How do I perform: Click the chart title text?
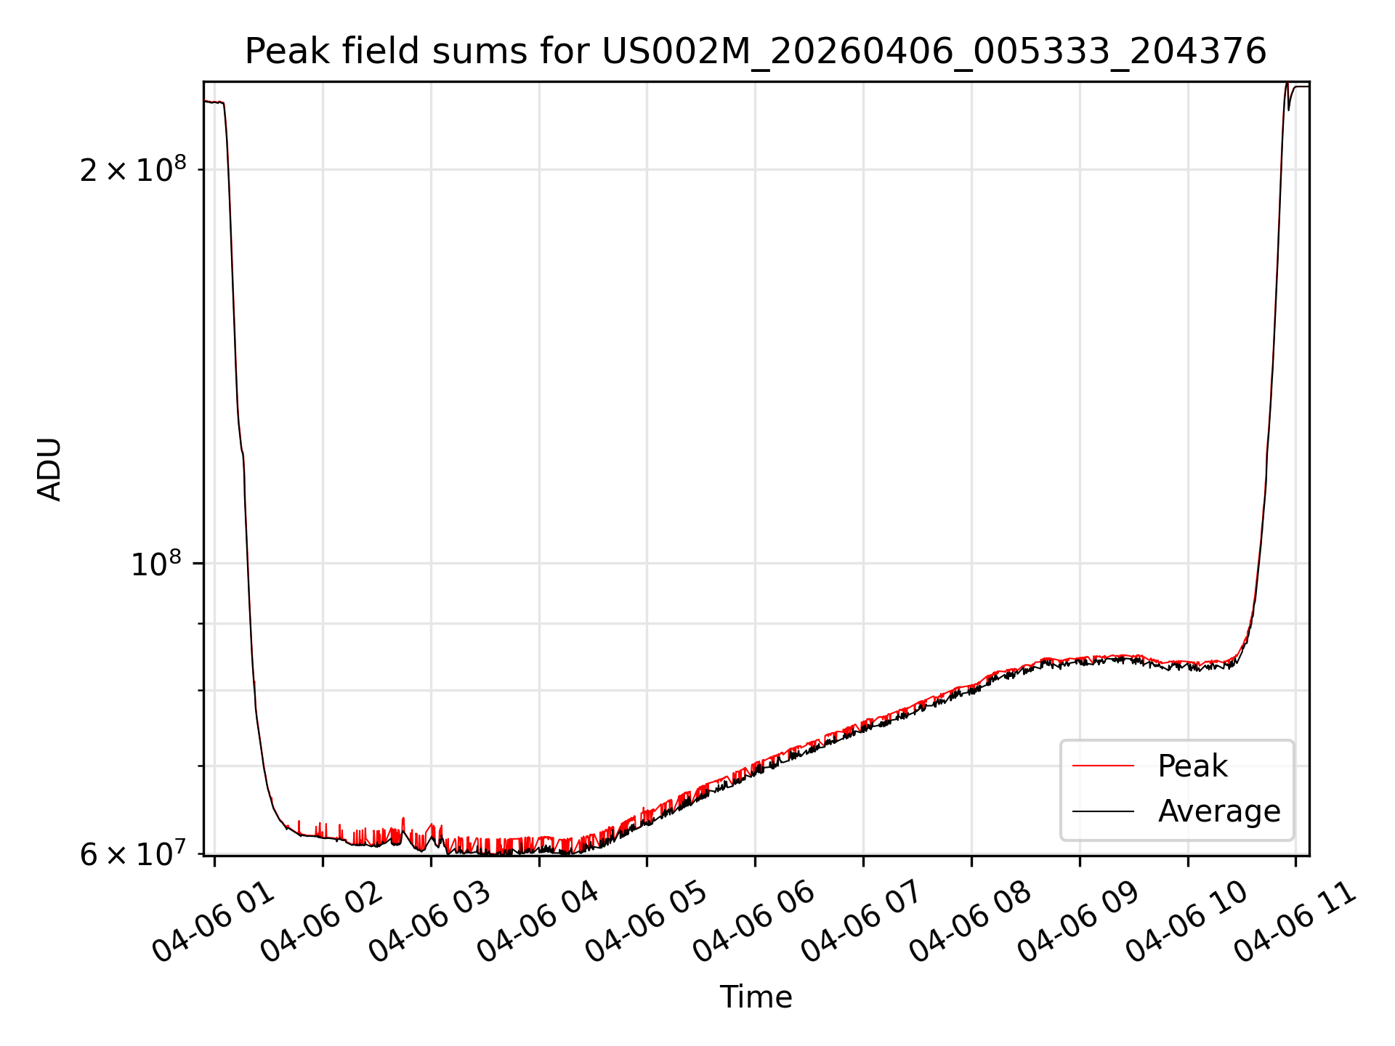point(756,52)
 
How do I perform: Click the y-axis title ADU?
point(49,469)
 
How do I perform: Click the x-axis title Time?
point(756,997)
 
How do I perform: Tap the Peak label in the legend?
point(1192,766)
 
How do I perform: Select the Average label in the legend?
point(1219,811)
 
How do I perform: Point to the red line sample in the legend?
point(1103,766)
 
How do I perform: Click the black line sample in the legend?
point(1103,811)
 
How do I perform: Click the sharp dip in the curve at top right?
point(1289,110)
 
